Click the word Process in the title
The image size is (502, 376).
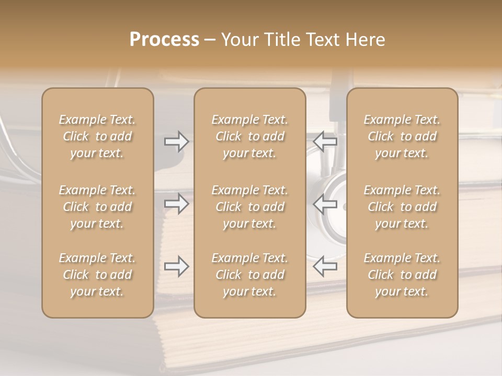point(164,40)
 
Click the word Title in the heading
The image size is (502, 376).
point(282,40)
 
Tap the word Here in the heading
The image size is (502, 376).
point(365,40)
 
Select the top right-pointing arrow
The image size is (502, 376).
point(176,142)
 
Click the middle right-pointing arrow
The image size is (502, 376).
point(176,204)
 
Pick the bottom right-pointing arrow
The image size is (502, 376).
point(176,266)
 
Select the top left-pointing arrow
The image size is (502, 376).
point(325,142)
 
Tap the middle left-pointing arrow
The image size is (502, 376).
point(325,204)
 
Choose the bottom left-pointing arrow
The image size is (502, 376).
point(325,266)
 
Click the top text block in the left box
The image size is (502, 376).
point(97,136)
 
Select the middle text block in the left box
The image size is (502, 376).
point(97,207)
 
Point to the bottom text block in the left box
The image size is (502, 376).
point(97,275)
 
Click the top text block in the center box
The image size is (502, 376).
point(250,136)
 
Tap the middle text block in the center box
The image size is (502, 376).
point(250,207)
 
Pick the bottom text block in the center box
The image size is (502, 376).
point(250,275)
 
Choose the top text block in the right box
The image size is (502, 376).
point(402,136)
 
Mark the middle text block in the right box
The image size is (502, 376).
point(402,207)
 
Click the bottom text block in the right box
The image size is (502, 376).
point(402,275)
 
